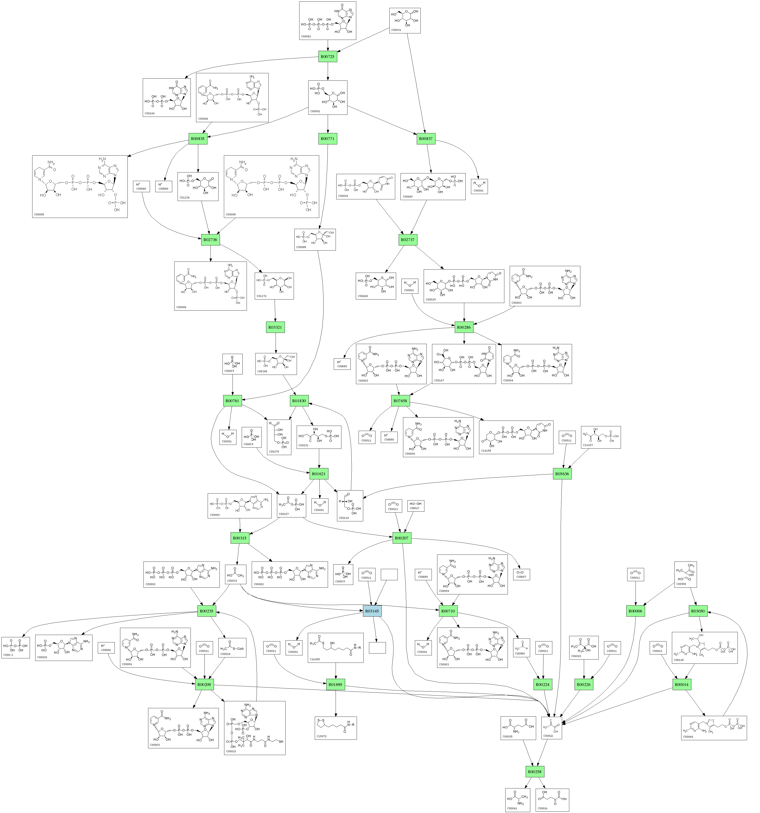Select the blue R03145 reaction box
tap(372, 611)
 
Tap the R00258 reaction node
tap(534, 772)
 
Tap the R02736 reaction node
tap(210, 240)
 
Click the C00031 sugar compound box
tap(405, 20)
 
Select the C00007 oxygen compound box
tap(522, 574)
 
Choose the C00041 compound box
tap(517, 800)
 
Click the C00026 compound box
tap(552, 800)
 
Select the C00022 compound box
tap(551, 728)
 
